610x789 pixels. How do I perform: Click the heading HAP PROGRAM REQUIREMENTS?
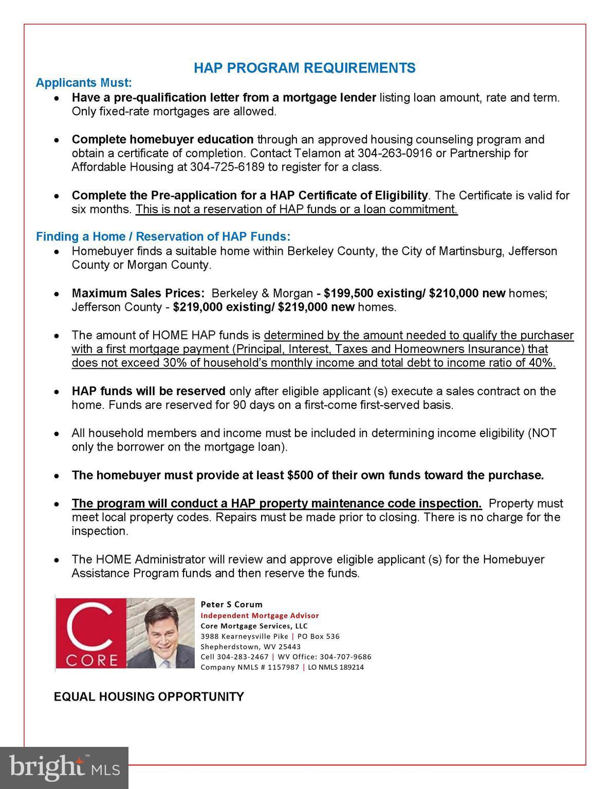point(304,68)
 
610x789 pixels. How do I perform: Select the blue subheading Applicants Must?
point(84,83)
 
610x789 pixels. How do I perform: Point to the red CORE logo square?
point(90,633)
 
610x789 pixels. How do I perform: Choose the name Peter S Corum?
point(231,605)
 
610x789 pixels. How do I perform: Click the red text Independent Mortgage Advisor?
point(260,615)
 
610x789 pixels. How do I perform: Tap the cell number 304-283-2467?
point(243,657)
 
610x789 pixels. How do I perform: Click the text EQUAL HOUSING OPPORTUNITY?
point(149,697)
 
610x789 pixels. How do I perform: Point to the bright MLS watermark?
point(64,768)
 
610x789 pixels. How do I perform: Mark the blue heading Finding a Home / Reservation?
point(163,237)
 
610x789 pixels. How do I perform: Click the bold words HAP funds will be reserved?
point(149,391)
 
